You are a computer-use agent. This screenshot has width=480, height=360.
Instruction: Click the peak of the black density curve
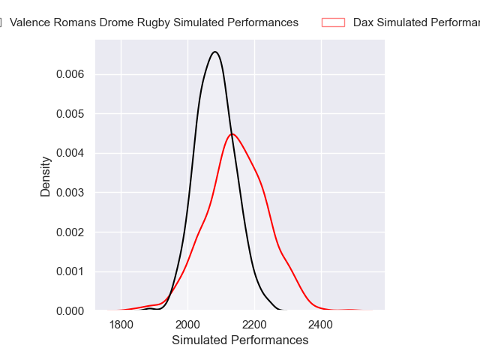coord(215,52)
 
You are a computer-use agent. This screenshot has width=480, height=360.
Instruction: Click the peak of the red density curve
coord(232,134)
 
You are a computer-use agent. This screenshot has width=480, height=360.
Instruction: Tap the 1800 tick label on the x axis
coord(121,325)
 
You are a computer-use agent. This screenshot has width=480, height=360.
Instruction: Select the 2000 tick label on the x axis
coord(187,325)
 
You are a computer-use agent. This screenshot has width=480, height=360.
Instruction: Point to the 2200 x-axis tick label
coord(254,325)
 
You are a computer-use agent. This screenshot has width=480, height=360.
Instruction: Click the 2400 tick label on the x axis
coord(321,325)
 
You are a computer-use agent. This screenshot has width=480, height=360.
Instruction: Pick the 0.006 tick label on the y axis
coord(70,74)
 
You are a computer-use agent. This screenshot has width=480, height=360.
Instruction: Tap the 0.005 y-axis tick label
coord(70,114)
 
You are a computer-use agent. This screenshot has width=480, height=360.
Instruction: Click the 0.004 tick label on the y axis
coord(70,153)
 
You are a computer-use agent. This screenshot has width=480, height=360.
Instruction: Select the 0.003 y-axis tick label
coord(70,193)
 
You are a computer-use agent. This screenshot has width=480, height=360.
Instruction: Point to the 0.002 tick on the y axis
coord(70,232)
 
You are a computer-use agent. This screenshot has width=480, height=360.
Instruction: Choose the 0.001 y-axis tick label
coord(70,271)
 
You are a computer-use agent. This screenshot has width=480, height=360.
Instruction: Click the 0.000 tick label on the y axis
coord(70,310)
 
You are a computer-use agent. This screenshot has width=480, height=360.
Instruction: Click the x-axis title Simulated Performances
coord(240,340)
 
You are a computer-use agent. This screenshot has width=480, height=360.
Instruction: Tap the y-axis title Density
coord(46,176)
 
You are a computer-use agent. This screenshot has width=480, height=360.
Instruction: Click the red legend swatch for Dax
coord(333,22)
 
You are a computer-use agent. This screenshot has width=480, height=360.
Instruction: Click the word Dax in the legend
coord(364,22)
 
